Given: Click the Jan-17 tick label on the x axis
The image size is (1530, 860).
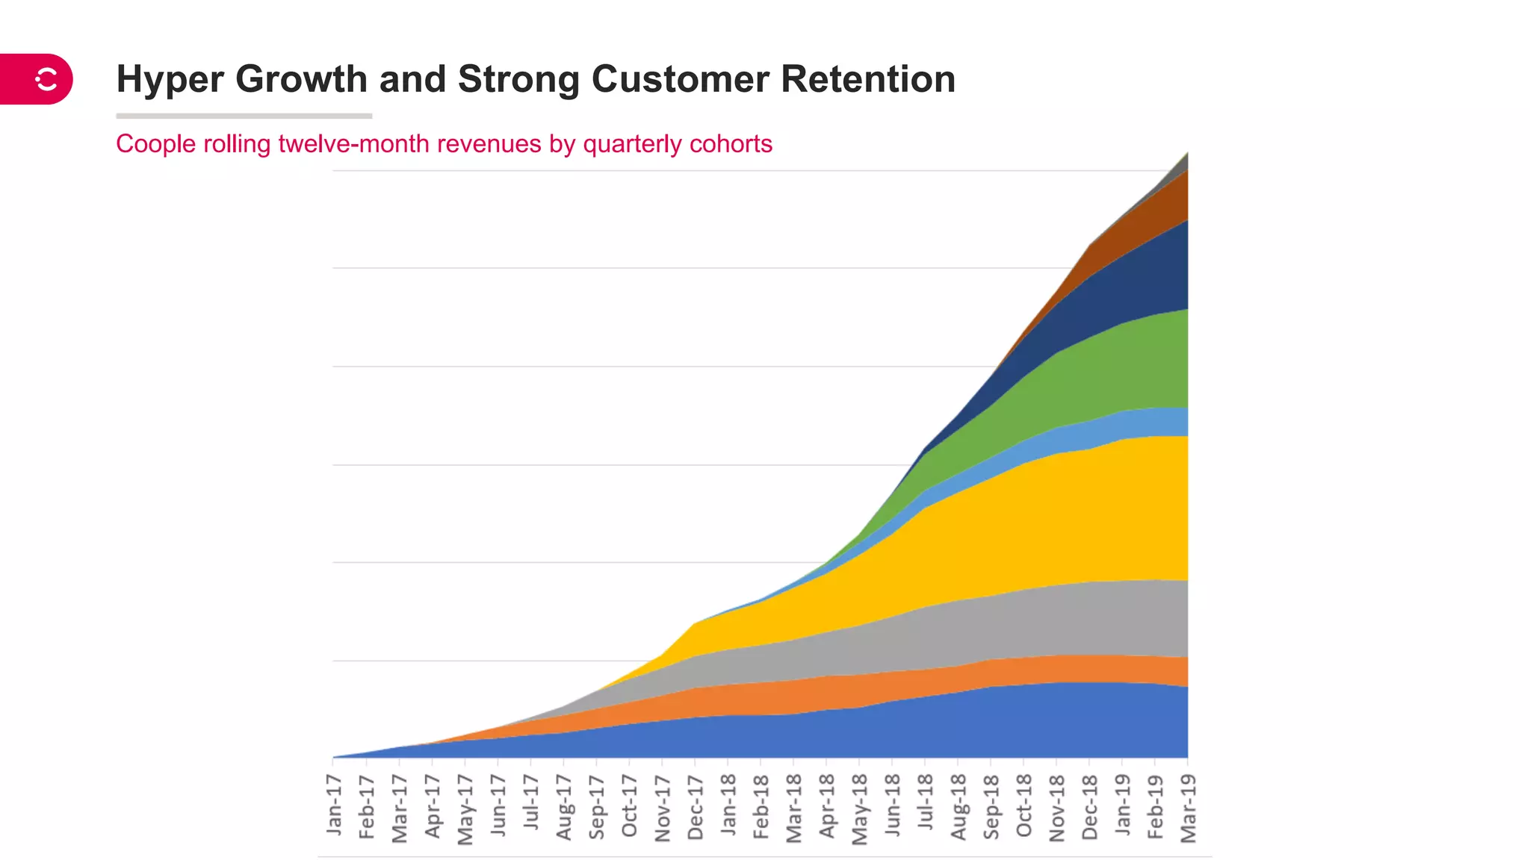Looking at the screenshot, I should click(334, 804).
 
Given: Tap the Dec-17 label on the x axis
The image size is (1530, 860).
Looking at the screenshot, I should click(696, 807).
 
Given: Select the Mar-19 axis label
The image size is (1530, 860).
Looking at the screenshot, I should click(1189, 808).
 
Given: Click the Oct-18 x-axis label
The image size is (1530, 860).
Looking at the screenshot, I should click(1024, 806).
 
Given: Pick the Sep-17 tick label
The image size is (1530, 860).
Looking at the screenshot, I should click(597, 807).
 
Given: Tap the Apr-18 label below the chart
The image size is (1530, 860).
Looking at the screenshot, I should click(827, 806).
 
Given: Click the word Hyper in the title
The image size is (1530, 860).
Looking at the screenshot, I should click(170, 80).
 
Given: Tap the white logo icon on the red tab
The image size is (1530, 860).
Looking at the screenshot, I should click(46, 79).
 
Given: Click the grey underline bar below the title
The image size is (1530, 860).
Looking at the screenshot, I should click(244, 116).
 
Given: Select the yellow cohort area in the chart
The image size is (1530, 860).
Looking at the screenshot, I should click(1046, 523).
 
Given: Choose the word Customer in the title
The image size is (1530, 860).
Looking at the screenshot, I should click(680, 79).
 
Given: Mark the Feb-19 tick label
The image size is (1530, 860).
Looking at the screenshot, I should click(1156, 806).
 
